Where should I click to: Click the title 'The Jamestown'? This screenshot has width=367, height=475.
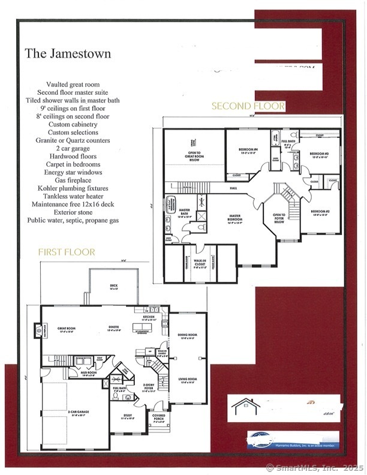(x=68, y=54)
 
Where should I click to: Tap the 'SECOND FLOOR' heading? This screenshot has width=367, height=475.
(x=248, y=106)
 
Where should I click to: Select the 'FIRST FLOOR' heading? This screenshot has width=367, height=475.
(x=67, y=252)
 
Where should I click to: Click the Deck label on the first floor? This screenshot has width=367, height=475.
(x=114, y=287)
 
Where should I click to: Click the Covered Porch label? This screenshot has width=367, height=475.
(x=159, y=418)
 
